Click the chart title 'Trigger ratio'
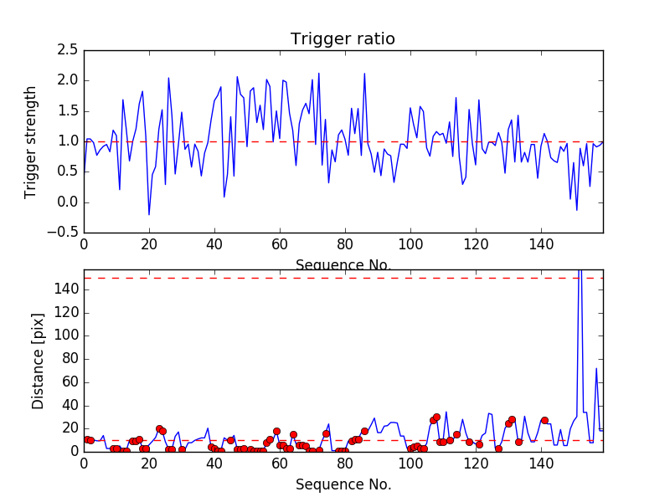pyautogui.click(x=343, y=39)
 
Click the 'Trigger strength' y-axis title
pyautogui.click(x=31, y=141)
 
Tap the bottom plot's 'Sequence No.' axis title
pyautogui.click(x=343, y=484)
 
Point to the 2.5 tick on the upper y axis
pyautogui.click(x=67, y=50)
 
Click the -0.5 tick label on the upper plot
pyautogui.click(x=64, y=233)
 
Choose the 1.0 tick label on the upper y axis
pyautogui.click(x=67, y=141)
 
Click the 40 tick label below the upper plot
pyautogui.click(x=214, y=243)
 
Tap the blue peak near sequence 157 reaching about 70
pyautogui.click(x=596, y=369)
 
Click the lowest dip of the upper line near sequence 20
pyautogui.click(x=149, y=214)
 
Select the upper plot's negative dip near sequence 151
pyautogui.click(x=577, y=209)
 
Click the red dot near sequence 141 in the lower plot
pyautogui.click(x=544, y=420)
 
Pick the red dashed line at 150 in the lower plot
pyautogui.click(x=335, y=278)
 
